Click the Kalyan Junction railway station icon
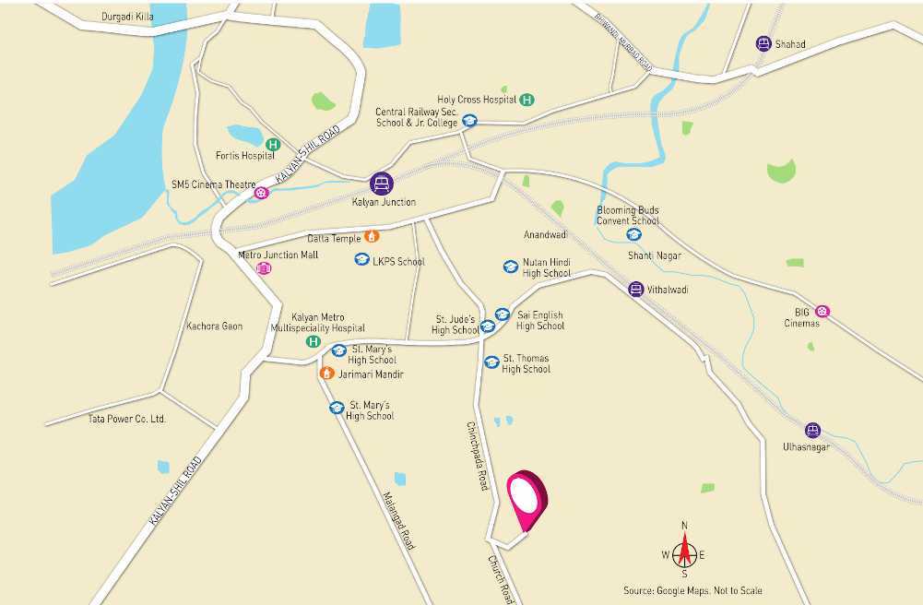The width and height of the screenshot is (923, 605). coord(382,184)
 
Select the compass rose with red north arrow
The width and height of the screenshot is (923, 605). coord(683,553)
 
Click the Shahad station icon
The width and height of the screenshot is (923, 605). coord(763,43)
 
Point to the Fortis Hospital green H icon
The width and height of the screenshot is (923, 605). coord(273,144)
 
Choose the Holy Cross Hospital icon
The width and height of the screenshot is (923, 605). coord(527,100)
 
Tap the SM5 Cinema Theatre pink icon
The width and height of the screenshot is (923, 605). coord(262,193)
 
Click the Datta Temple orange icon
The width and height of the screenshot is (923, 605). coord(372,236)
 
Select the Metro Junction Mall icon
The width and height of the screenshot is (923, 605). coord(264,268)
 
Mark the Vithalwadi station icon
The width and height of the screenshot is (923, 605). coord(635,290)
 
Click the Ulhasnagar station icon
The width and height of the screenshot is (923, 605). coord(811,430)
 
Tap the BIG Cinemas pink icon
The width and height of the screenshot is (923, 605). coord(822,312)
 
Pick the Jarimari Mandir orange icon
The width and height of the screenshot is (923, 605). coord(325,374)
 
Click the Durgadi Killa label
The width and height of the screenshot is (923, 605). coord(128,17)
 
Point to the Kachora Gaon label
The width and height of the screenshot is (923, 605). coord(214,326)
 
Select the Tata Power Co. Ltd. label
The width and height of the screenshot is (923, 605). coord(126,419)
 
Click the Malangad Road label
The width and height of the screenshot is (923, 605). coord(398,520)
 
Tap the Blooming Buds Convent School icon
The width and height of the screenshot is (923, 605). coord(633,234)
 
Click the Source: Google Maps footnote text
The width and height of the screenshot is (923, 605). coord(692,590)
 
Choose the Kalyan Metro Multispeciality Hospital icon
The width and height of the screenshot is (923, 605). coord(314,342)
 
